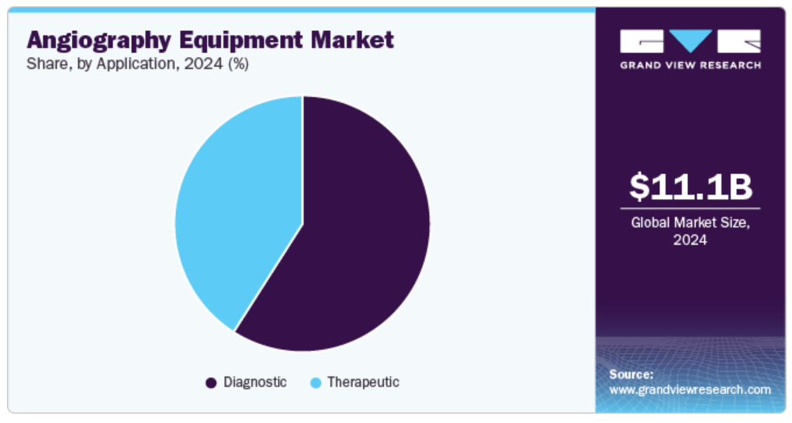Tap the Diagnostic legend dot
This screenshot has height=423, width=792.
[211, 383]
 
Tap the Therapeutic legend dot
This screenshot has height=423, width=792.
[316, 383]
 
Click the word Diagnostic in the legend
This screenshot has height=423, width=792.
[255, 382]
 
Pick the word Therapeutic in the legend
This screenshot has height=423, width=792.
[363, 382]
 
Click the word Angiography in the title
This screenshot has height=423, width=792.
[99, 40]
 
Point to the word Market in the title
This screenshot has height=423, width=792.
[352, 40]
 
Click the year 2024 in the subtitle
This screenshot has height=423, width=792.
[203, 64]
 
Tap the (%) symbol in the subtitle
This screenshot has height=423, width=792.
[238, 64]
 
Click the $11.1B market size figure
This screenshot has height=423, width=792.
[690, 186]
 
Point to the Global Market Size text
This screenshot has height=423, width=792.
[690, 223]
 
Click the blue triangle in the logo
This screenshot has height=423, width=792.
[690, 40]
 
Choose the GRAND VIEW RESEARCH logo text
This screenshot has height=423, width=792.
[690, 65]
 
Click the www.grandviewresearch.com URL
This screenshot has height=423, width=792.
[690, 390]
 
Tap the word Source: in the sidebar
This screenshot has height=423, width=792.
[631, 374]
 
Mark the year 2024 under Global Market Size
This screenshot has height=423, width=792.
[690, 240]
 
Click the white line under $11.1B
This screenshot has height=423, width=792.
[690, 208]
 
